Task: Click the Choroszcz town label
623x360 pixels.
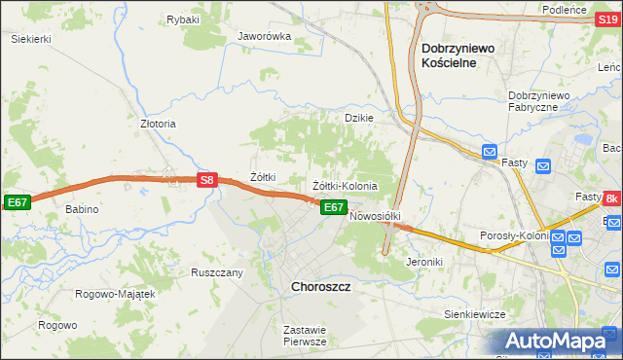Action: (321, 287)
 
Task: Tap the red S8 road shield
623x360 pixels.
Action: (206, 180)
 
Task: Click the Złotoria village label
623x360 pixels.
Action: (158, 125)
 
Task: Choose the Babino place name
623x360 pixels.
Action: (84, 209)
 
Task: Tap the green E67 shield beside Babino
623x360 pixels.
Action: (17, 201)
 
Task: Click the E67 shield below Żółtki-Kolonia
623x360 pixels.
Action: (333, 207)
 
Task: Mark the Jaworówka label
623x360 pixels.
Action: (265, 37)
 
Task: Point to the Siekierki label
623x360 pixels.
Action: (30, 39)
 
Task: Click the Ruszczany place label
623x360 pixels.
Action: (216, 272)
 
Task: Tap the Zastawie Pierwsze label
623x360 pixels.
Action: (304, 336)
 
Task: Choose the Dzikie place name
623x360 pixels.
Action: (359, 118)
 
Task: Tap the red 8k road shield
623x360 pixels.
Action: (611, 199)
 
